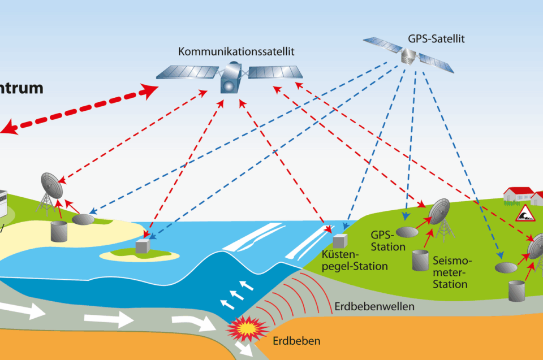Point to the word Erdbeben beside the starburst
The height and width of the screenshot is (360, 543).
tap(296, 341)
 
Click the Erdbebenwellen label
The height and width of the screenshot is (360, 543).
tap(374, 307)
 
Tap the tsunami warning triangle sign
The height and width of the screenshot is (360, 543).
tap(524, 212)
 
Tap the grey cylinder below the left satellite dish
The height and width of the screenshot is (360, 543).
tap(59, 230)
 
